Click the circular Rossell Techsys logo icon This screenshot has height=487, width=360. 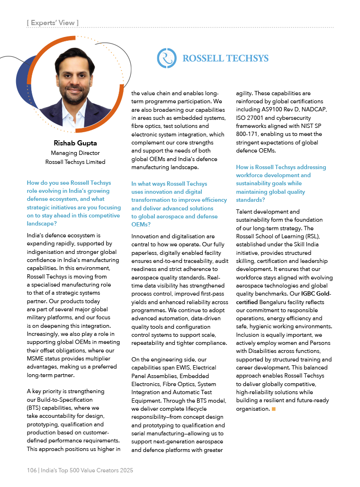coord(167,58)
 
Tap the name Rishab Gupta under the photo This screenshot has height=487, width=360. coord(75,144)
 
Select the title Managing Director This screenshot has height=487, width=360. coord(75,153)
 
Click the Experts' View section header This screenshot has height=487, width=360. coord(53,22)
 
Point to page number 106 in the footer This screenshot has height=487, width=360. coord(32,470)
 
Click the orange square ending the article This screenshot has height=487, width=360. coord(274,409)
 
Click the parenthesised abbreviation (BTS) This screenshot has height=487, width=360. coord(35,408)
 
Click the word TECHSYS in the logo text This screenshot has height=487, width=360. coord(246,59)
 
